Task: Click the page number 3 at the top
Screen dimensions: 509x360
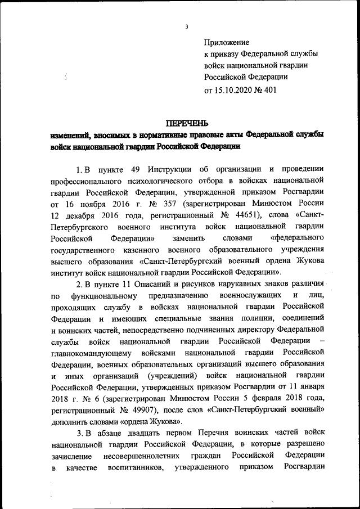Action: pyautogui.click(x=186, y=26)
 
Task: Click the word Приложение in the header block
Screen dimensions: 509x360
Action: pyautogui.click(x=226, y=42)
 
